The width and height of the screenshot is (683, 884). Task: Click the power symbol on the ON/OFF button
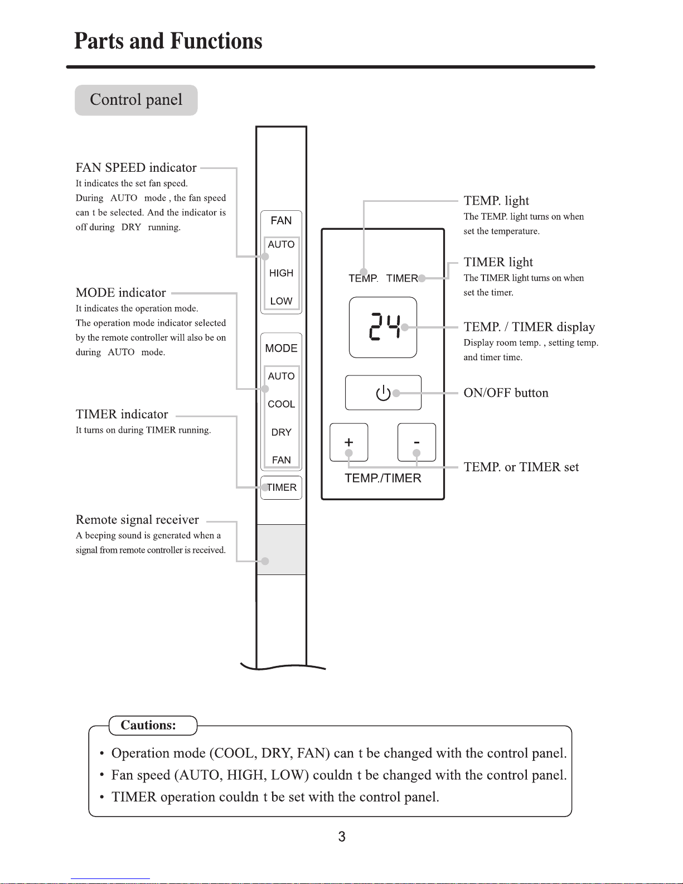[383, 393]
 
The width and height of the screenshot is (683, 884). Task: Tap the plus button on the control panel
[349, 442]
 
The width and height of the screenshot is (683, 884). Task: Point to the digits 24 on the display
[385, 327]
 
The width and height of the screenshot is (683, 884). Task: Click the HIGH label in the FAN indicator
[281, 273]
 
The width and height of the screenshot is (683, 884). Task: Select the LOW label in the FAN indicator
[281, 301]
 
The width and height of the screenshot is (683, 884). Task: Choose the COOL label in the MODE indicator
[282, 404]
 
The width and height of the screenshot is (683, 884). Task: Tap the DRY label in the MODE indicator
[282, 432]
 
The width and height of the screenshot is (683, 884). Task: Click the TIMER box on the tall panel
[282, 487]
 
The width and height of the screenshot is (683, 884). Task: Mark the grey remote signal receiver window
[282, 549]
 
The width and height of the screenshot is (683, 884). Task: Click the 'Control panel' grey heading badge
[136, 100]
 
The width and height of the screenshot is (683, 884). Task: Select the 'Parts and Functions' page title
[168, 41]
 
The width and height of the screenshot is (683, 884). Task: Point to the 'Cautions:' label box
[153, 726]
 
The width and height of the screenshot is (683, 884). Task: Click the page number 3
[342, 837]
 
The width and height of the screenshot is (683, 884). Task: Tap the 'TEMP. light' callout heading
[496, 201]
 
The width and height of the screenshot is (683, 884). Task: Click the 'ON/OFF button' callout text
[506, 393]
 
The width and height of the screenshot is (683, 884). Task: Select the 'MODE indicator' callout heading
[121, 292]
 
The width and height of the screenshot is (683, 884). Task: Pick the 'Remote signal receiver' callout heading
[137, 519]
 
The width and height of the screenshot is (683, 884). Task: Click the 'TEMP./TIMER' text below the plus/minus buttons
[383, 478]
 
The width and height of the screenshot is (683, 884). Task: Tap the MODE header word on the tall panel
[282, 348]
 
